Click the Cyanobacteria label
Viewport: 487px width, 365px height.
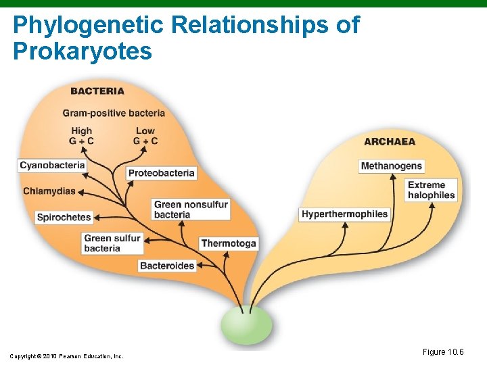[x=52, y=165]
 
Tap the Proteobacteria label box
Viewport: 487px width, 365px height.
[x=161, y=173]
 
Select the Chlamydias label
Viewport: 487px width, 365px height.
[x=49, y=191]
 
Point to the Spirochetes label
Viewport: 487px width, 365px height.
[x=64, y=218]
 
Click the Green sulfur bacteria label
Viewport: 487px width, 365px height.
[x=112, y=243]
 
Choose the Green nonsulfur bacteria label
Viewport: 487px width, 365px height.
[x=191, y=210]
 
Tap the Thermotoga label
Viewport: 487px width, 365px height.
[x=229, y=243]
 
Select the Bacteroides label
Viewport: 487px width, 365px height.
[x=167, y=266]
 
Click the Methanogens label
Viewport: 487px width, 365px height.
[x=392, y=166]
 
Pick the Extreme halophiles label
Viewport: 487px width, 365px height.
[x=432, y=190]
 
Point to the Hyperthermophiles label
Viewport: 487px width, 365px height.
[x=345, y=214]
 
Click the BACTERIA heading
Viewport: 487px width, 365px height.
[x=97, y=91]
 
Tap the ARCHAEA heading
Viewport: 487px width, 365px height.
[x=390, y=141]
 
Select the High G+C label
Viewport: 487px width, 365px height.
[x=81, y=136]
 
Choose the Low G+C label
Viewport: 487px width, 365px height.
[x=145, y=136]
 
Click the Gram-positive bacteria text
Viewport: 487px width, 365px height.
[x=114, y=113]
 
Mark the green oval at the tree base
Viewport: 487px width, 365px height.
[x=248, y=325]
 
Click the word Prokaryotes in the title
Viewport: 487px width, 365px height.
[x=83, y=51]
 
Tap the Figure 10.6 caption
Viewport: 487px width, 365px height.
[x=443, y=352]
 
